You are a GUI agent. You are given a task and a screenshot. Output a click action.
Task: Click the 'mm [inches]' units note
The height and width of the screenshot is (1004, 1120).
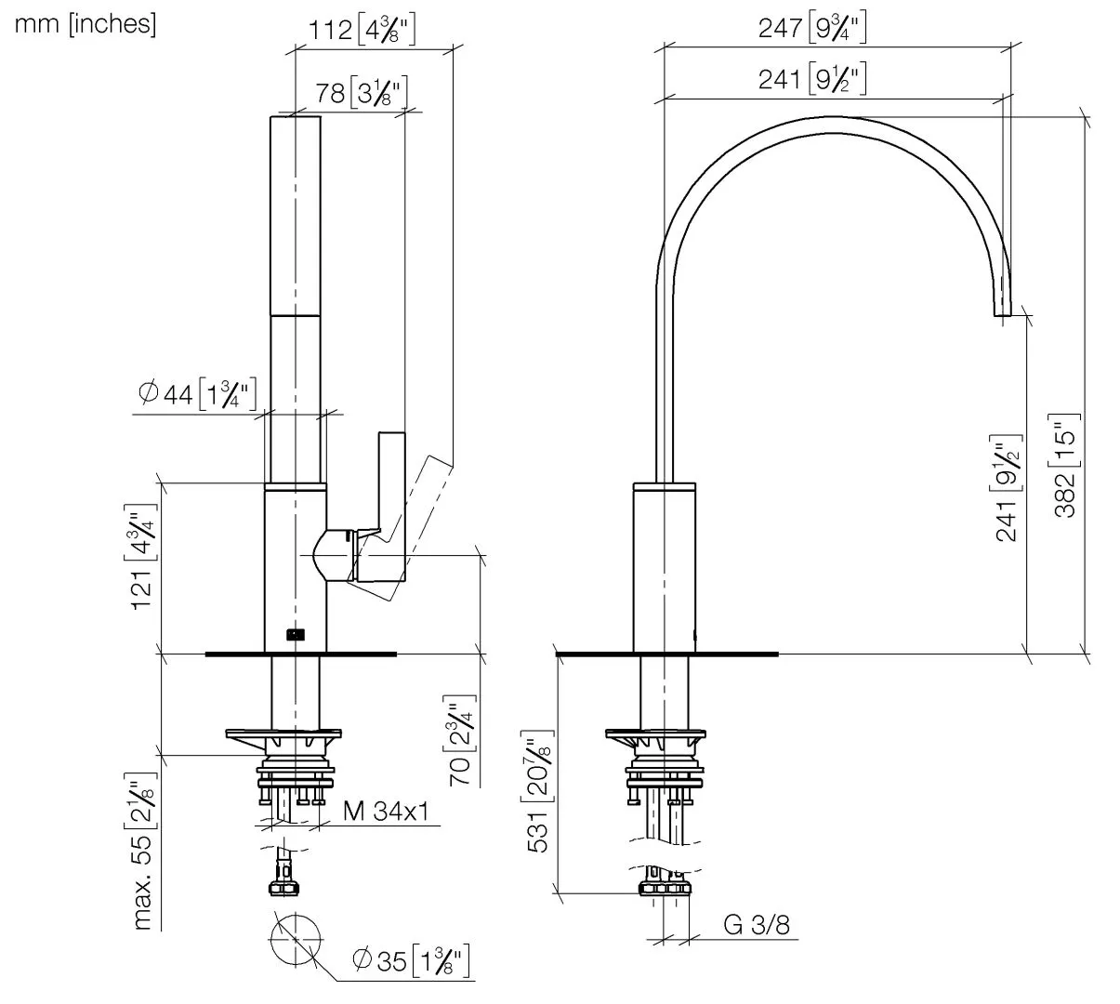point(85,24)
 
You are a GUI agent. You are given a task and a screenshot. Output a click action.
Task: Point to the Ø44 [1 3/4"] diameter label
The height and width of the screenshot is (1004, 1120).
point(196,394)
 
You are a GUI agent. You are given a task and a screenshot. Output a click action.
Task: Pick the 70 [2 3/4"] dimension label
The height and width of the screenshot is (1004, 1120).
point(461,741)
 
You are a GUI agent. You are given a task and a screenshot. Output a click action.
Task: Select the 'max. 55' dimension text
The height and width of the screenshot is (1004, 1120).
point(142,850)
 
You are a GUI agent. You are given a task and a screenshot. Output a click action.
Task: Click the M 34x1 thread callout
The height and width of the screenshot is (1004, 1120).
point(386,812)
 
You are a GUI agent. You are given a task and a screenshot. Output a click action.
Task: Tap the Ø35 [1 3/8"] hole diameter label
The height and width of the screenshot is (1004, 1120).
point(410,960)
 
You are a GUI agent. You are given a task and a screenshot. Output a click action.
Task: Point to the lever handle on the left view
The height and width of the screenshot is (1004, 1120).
point(392,483)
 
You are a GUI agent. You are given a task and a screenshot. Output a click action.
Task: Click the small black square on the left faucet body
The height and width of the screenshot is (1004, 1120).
point(296,636)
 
